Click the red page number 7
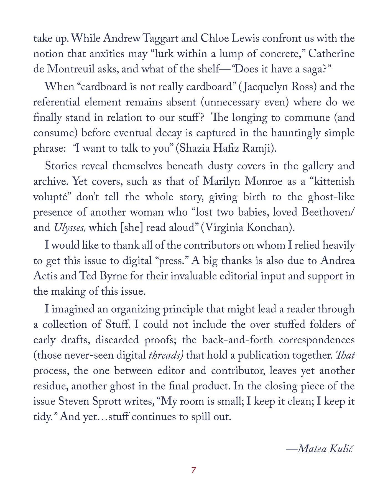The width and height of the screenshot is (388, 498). (x=194, y=470)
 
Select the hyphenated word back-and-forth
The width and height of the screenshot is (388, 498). (x=238, y=340)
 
